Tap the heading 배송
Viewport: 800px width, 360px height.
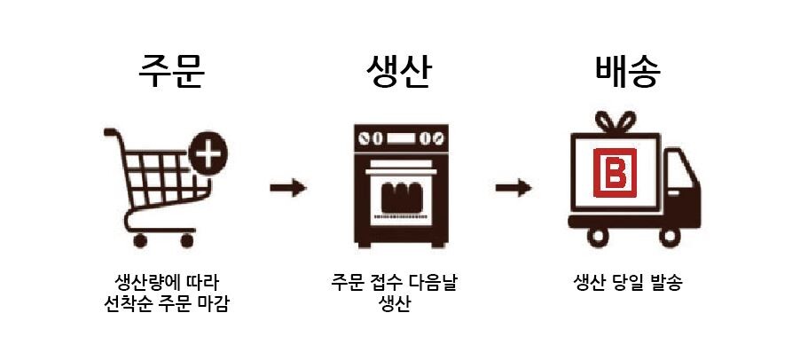628,74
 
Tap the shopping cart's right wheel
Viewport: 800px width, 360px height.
186,239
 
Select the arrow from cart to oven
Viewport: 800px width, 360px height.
288,188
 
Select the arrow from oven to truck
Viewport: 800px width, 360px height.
514,188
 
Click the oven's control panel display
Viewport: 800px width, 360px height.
398,138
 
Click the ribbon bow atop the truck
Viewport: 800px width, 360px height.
616,121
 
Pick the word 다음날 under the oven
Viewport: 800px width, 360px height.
434,284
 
